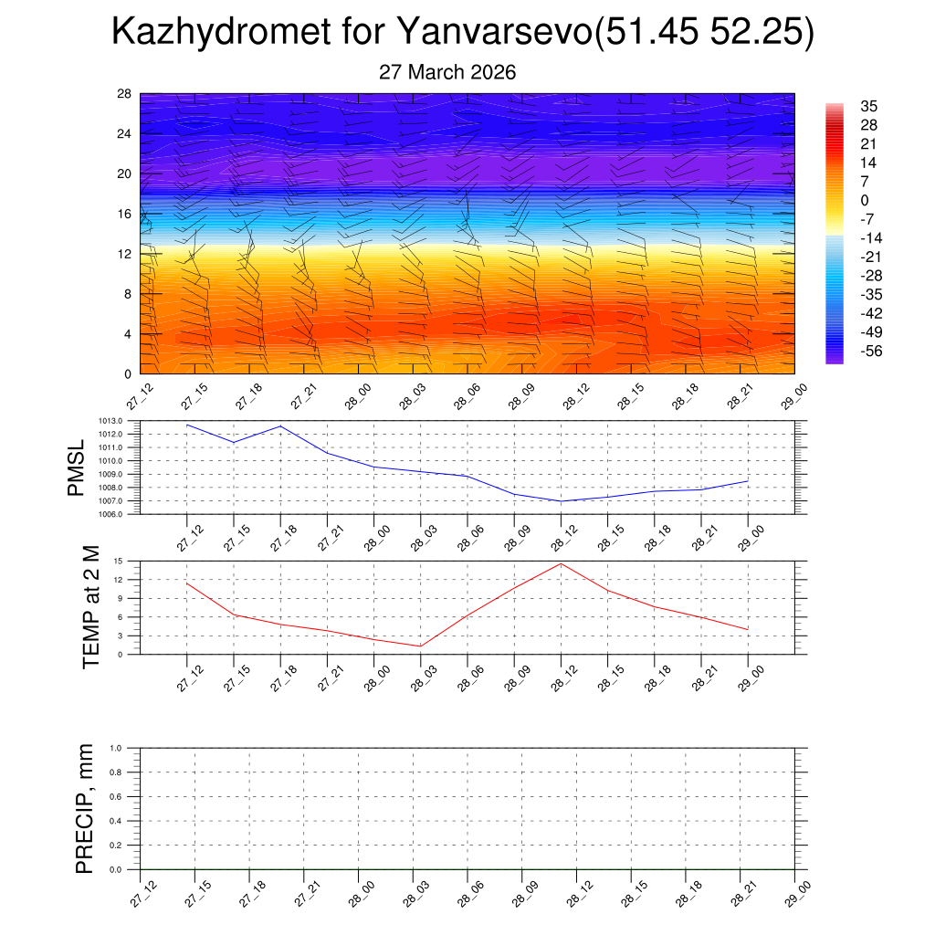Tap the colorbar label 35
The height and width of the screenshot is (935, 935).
point(868,106)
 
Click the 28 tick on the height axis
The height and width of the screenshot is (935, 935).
point(124,94)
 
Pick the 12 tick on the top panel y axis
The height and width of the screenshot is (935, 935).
point(124,254)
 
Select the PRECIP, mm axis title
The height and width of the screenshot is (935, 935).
point(84,808)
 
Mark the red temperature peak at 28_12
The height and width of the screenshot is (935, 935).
point(561,563)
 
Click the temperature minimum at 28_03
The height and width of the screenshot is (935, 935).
point(420,646)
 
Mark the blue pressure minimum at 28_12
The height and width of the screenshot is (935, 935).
point(561,501)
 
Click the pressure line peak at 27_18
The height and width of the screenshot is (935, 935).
point(280,426)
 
